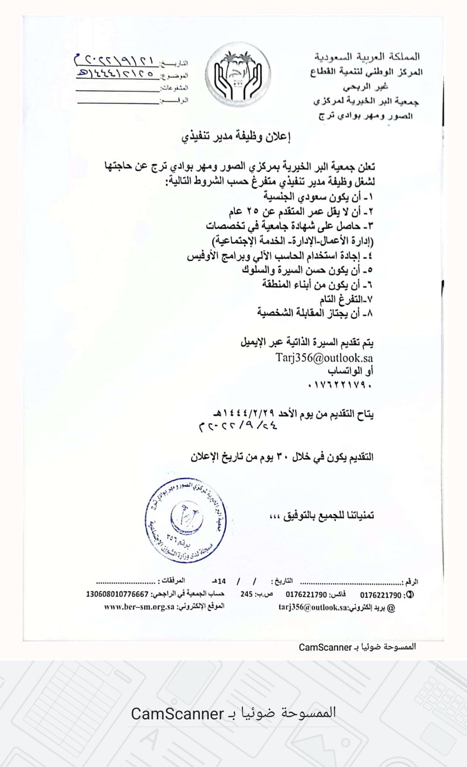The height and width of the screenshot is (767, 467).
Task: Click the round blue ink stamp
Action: [186, 520]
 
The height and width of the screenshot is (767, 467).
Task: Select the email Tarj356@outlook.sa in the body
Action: [324, 358]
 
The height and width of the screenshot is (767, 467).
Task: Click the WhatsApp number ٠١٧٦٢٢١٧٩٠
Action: [340, 385]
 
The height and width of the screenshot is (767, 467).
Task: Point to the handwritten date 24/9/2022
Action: [238, 426]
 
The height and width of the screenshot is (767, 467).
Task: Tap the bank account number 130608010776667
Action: [117, 594]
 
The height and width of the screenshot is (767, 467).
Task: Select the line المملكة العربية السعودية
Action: [367, 57]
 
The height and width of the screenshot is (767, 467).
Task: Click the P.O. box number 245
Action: [247, 594]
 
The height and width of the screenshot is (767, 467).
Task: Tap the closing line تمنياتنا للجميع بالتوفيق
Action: [322, 516]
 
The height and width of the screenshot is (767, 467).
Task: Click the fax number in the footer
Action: [306, 595]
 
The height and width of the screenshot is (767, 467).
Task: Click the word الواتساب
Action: [350, 371]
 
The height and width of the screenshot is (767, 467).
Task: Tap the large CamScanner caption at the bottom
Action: [233, 713]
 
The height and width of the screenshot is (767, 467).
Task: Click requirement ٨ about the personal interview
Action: [315, 313]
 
